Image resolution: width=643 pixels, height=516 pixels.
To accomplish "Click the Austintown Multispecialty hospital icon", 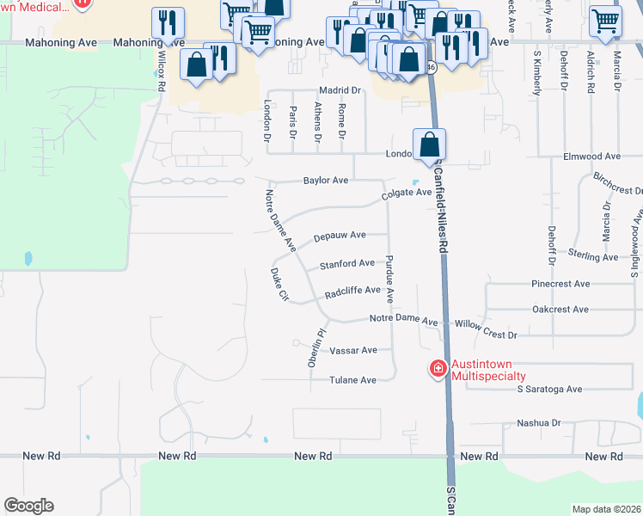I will pos(438,369).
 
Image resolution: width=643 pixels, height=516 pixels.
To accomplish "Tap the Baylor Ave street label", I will pos(325,181).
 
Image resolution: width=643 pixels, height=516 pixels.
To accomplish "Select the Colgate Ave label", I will pos(407,193).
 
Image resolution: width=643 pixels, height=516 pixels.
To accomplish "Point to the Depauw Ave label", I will pos(340,235).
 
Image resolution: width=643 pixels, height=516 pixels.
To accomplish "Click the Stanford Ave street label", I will pos(347,263).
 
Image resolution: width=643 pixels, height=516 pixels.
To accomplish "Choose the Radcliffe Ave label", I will pos(352,292).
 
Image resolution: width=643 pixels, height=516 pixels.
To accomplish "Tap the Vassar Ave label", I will pos(354,351).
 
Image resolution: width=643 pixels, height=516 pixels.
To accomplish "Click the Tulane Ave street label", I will pos(354,380).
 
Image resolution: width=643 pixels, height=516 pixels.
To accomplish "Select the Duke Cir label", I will pos(279,286).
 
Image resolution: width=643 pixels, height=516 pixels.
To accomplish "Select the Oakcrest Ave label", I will pos(560,309).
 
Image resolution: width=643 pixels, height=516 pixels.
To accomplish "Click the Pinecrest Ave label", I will pos(560,283).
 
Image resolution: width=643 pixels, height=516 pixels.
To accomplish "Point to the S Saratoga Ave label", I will pos(549,389).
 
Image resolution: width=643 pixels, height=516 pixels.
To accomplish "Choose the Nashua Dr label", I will pos(538,423).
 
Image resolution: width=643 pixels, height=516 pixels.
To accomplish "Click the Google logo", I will pos(28,506).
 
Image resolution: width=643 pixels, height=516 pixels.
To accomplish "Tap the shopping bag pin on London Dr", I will pos(429,144).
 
